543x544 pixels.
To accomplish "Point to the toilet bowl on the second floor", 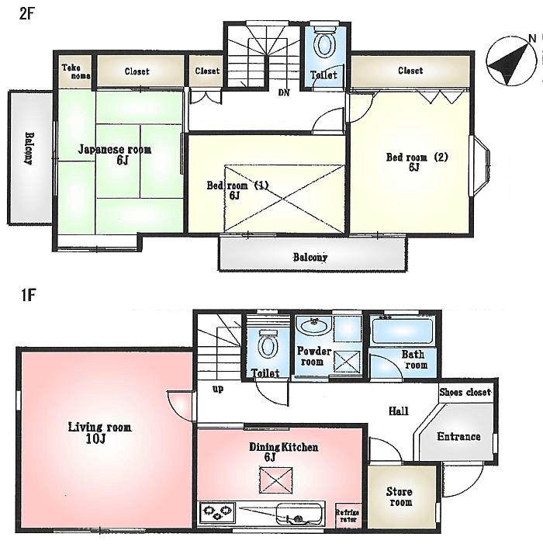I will [323, 46].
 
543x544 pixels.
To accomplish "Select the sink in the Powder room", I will [314, 326].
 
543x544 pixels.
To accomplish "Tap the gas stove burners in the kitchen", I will [217, 512].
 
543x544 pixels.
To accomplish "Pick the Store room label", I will [399, 497].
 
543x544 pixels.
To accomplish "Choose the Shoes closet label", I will [465, 393].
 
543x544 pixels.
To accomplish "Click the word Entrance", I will [458, 436].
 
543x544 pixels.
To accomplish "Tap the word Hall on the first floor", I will [399, 411].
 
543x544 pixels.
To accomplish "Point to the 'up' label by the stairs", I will [218, 389].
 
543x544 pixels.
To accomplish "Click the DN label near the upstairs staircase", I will [284, 92].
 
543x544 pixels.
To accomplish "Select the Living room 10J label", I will [99, 433].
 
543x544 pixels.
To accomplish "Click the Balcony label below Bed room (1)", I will [310, 257].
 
